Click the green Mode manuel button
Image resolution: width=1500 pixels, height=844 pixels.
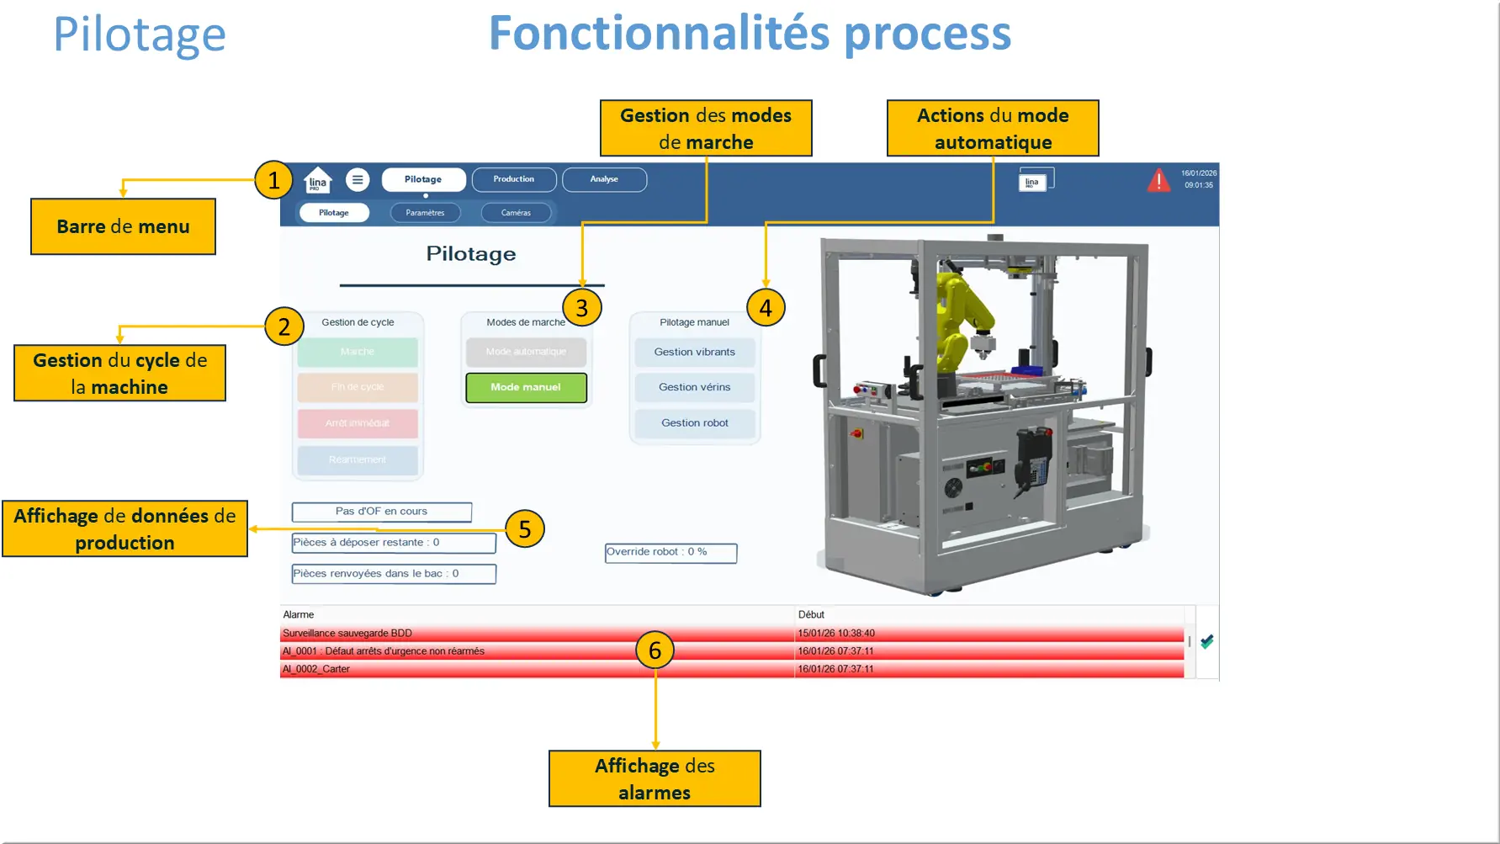tap(526, 387)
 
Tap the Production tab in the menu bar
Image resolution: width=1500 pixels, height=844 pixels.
tap(513, 179)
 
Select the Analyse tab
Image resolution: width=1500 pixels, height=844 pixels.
tap(604, 179)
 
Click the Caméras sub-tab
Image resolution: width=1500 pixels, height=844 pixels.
tap(516, 213)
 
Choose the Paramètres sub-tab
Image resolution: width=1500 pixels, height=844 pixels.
tap(425, 213)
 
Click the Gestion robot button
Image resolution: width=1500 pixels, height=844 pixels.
tap(694, 423)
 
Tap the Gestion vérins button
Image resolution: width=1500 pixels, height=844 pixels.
tap(694, 387)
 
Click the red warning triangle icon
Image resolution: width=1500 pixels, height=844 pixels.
tap(1158, 180)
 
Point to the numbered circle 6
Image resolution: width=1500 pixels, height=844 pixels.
tap(655, 650)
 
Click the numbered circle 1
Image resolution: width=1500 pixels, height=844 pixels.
tap(273, 180)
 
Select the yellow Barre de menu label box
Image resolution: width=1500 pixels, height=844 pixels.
tap(123, 226)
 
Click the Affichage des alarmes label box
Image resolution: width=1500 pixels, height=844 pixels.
tap(655, 778)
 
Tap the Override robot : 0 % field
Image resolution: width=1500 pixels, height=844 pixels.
tap(670, 552)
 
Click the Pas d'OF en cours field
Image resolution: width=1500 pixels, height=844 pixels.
tap(381, 512)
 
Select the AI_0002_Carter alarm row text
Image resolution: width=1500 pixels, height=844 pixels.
tap(316, 669)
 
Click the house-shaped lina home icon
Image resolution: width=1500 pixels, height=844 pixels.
tap(317, 180)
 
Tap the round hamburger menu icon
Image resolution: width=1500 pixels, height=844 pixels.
tap(358, 179)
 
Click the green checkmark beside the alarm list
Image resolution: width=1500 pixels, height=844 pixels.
tap(1207, 642)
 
